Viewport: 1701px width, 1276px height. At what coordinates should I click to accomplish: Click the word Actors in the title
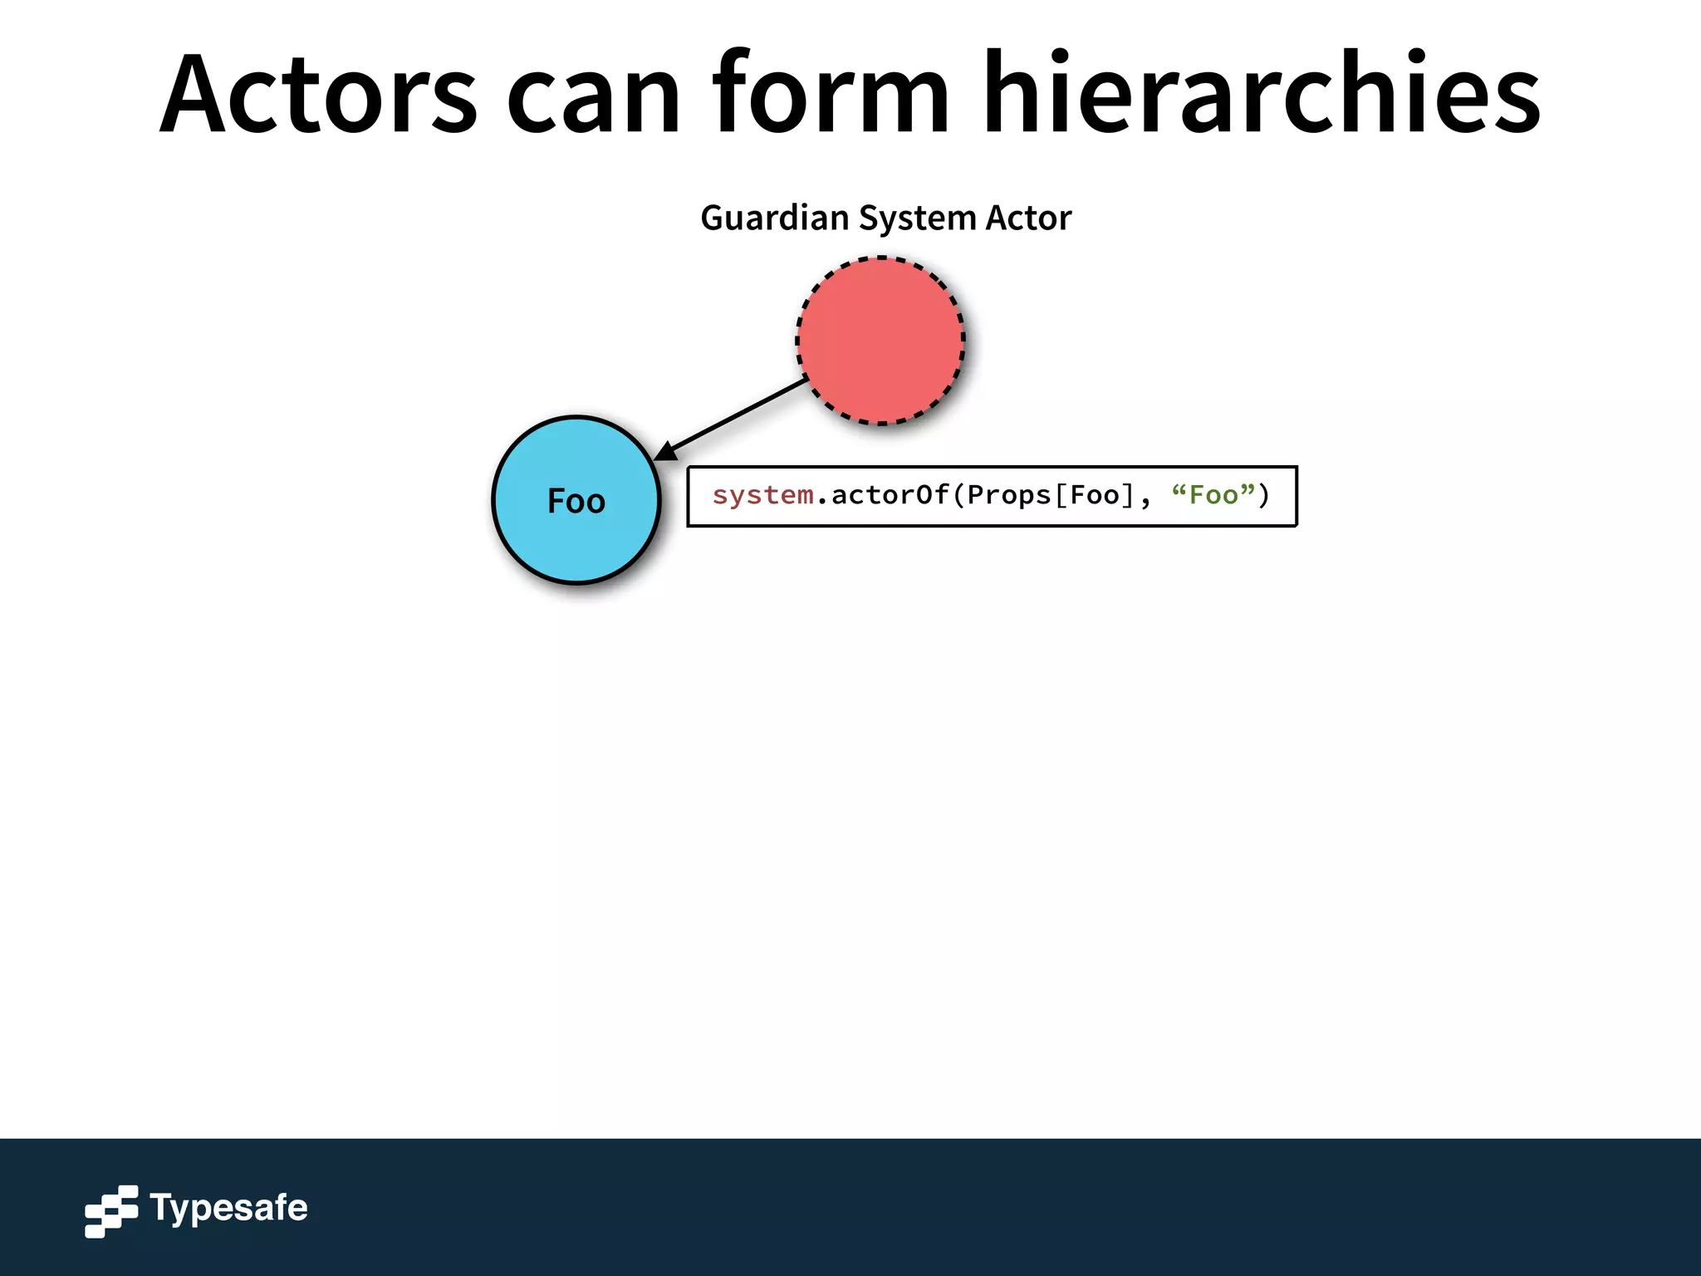click(x=318, y=93)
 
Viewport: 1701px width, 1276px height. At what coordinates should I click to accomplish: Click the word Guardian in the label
click(x=774, y=218)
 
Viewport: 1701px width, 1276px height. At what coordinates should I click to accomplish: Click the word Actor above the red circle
click(x=1028, y=218)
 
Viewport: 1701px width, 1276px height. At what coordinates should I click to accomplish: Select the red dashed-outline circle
click(x=880, y=341)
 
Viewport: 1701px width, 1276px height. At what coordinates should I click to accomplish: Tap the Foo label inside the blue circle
click(x=576, y=501)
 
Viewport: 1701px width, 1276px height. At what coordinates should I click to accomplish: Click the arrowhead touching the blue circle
click(x=665, y=452)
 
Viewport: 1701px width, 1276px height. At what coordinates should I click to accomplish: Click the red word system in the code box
click(x=762, y=496)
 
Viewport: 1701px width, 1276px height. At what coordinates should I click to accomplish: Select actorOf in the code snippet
click(x=890, y=496)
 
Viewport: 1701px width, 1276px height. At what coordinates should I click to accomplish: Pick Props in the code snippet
click(x=1009, y=496)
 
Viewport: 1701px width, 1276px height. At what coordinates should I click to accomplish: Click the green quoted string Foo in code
click(x=1213, y=496)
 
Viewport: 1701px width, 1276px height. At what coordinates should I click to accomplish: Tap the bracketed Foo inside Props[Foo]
click(x=1095, y=496)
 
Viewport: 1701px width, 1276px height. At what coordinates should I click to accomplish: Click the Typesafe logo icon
click(x=111, y=1210)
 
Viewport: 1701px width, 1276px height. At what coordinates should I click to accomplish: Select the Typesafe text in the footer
click(x=228, y=1208)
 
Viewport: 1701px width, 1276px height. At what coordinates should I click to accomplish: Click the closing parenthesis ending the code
click(x=1264, y=496)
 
